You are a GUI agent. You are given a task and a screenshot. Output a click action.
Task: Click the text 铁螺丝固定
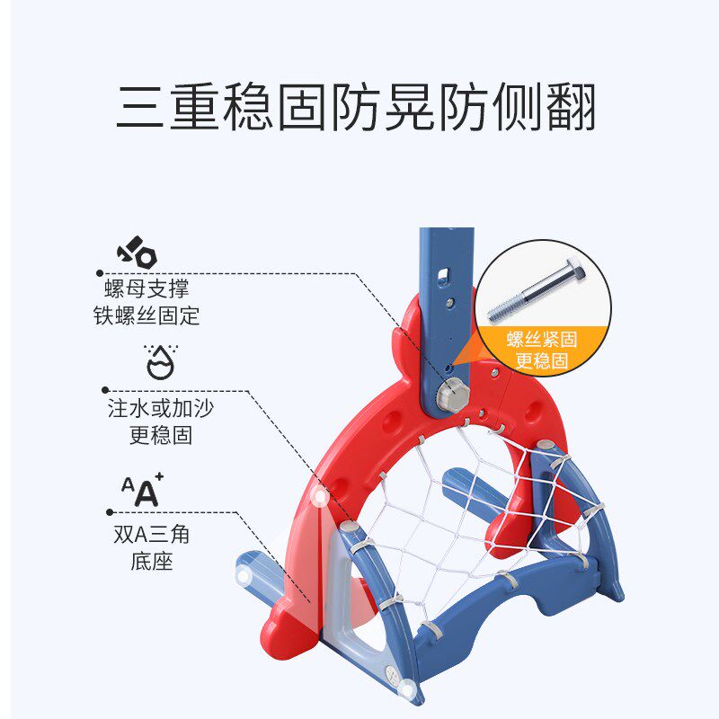[146, 315]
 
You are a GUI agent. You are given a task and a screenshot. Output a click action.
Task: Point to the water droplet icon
[159, 360]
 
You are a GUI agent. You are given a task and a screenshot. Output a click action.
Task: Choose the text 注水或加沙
[160, 409]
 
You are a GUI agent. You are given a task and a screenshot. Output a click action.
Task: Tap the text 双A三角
[150, 535]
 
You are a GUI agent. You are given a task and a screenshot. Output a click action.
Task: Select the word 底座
[150, 563]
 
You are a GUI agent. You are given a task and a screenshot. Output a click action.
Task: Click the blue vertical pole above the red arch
[445, 270]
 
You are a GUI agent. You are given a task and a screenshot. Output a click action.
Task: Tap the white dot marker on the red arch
[319, 496]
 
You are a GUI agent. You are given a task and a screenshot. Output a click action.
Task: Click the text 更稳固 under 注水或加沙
[160, 437]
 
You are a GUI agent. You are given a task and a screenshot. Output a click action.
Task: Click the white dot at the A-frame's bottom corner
[409, 690]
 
